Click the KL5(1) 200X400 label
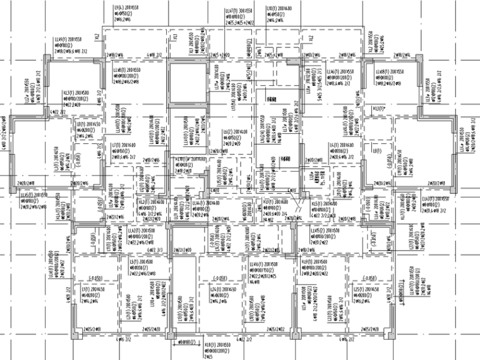(x=325, y=203)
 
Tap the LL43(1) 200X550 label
(x=436, y=200)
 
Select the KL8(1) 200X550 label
(x=215, y=345)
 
